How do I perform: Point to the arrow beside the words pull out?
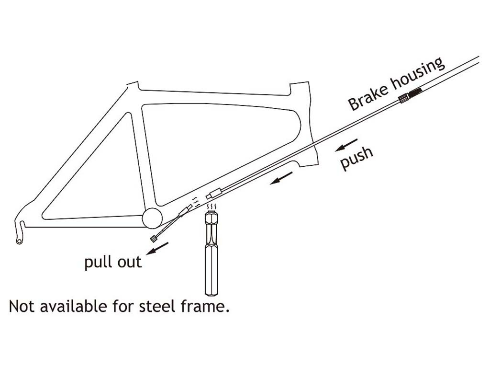[157, 248]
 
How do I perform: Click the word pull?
[100, 263]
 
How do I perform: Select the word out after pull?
[129, 262]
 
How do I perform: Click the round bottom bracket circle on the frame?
[153, 218]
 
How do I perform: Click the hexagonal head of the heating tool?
[211, 222]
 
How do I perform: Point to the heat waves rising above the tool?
[211, 207]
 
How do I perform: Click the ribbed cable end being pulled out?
[154, 239]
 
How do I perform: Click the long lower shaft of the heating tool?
[211, 268]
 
